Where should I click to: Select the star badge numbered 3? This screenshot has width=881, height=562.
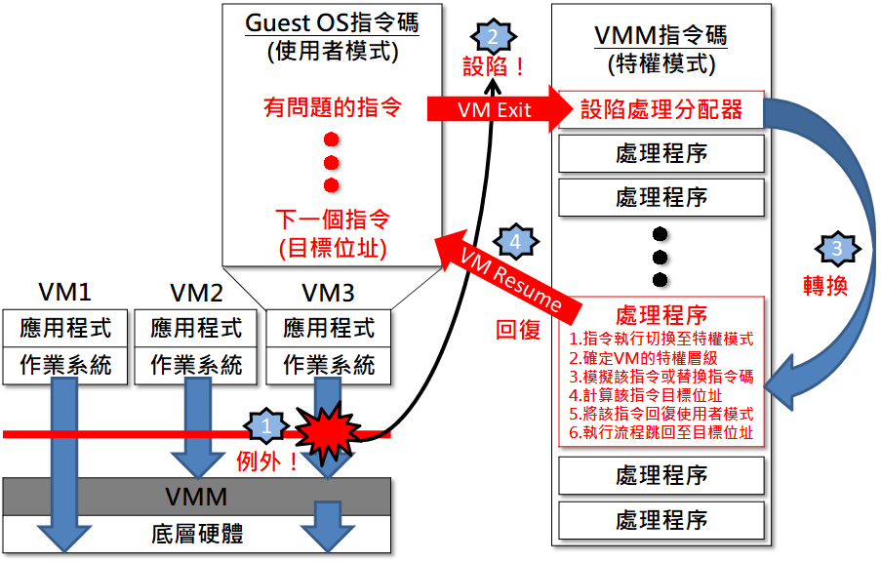tap(836, 249)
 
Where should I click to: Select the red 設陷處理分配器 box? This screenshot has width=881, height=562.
tap(661, 109)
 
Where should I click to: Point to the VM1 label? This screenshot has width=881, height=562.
tap(65, 293)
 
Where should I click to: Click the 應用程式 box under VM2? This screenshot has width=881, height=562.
tap(196, 327)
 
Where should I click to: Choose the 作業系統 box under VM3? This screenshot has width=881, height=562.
tap(329, 365)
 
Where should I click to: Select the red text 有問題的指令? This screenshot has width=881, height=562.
tap(332, 106)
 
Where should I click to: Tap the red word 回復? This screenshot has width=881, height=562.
tap(518, 329)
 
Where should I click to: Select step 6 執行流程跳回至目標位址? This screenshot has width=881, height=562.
tap(661, 431)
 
